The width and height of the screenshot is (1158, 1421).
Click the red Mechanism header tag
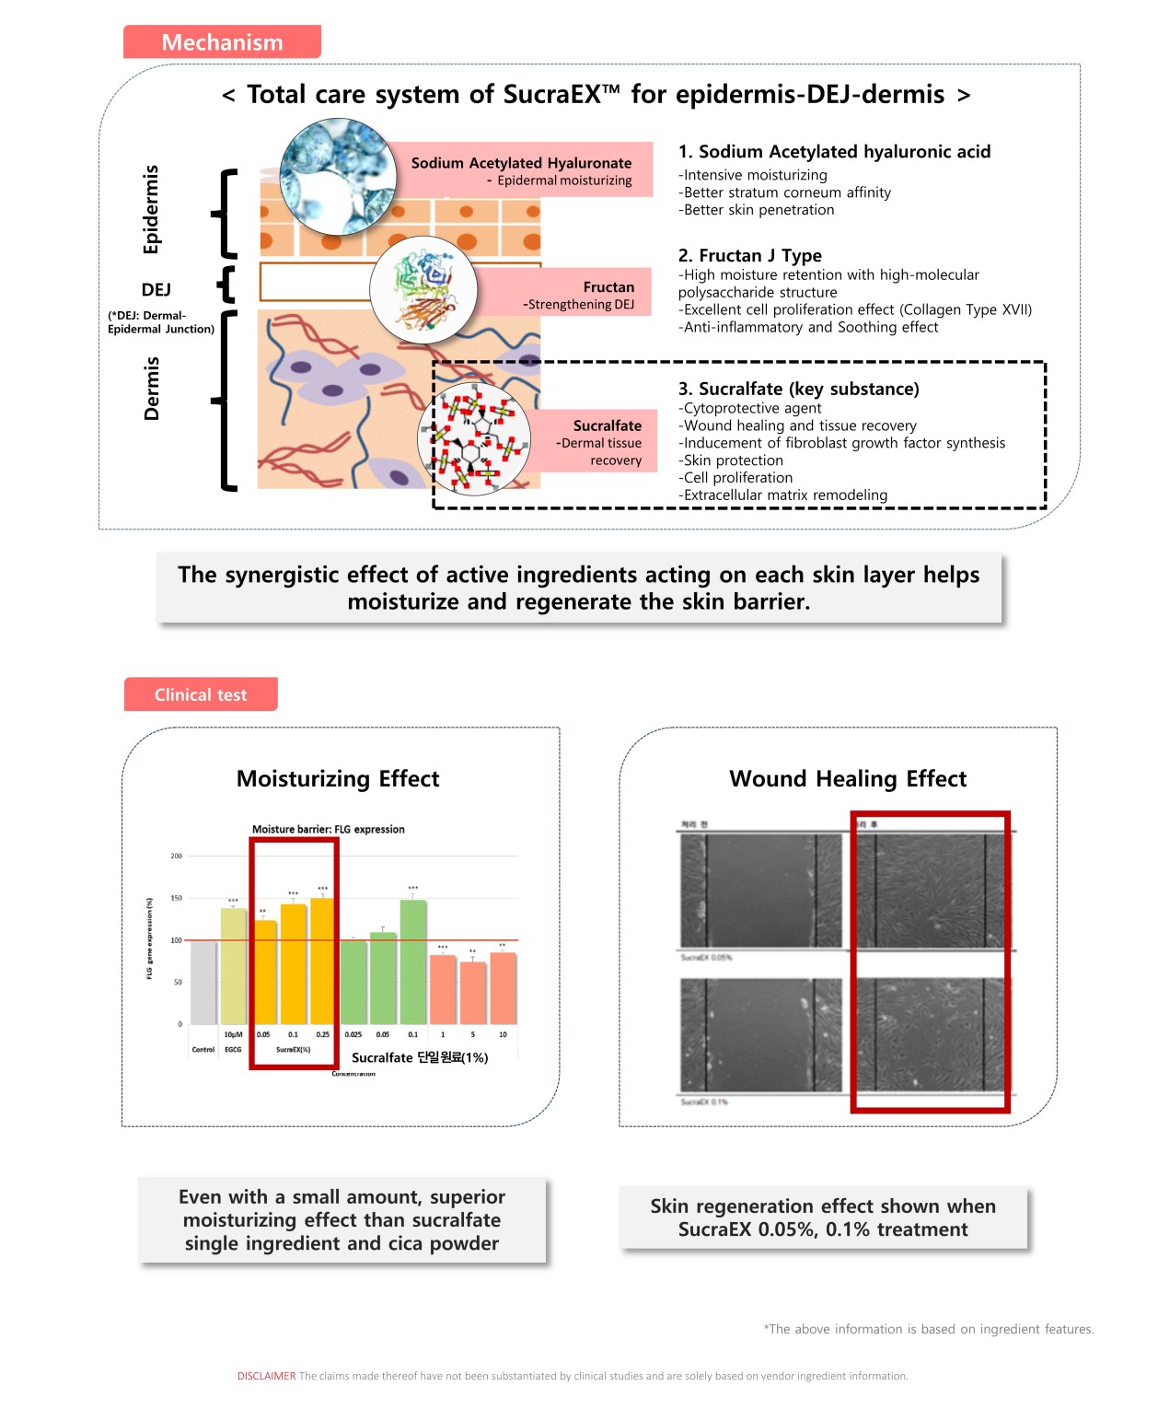click(222, 42)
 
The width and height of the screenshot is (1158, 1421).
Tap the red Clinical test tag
click(201, 694)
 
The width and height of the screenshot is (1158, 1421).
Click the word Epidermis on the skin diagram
click(151, 209)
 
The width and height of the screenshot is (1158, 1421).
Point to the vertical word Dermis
click(151, 389)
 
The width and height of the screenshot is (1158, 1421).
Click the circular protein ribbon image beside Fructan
click(423, 288)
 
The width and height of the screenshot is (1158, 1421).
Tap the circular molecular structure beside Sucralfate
click(473, 439)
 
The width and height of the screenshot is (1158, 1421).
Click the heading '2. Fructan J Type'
click(749, 255)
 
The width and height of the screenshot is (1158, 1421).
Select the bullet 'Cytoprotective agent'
click(749, 408)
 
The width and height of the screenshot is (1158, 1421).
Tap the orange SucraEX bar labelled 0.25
click(322, 961)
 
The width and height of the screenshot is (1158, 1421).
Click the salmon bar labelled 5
click(473, 993)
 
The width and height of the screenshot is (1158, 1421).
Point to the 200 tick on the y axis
click(176, 856)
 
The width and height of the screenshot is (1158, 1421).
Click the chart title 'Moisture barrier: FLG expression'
click(329, 829)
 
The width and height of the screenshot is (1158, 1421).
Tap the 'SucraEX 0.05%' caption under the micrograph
click(706, 958)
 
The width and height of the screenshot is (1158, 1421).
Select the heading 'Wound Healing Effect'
click(848, 779)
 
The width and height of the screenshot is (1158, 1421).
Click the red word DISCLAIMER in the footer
click(266, 1376)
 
